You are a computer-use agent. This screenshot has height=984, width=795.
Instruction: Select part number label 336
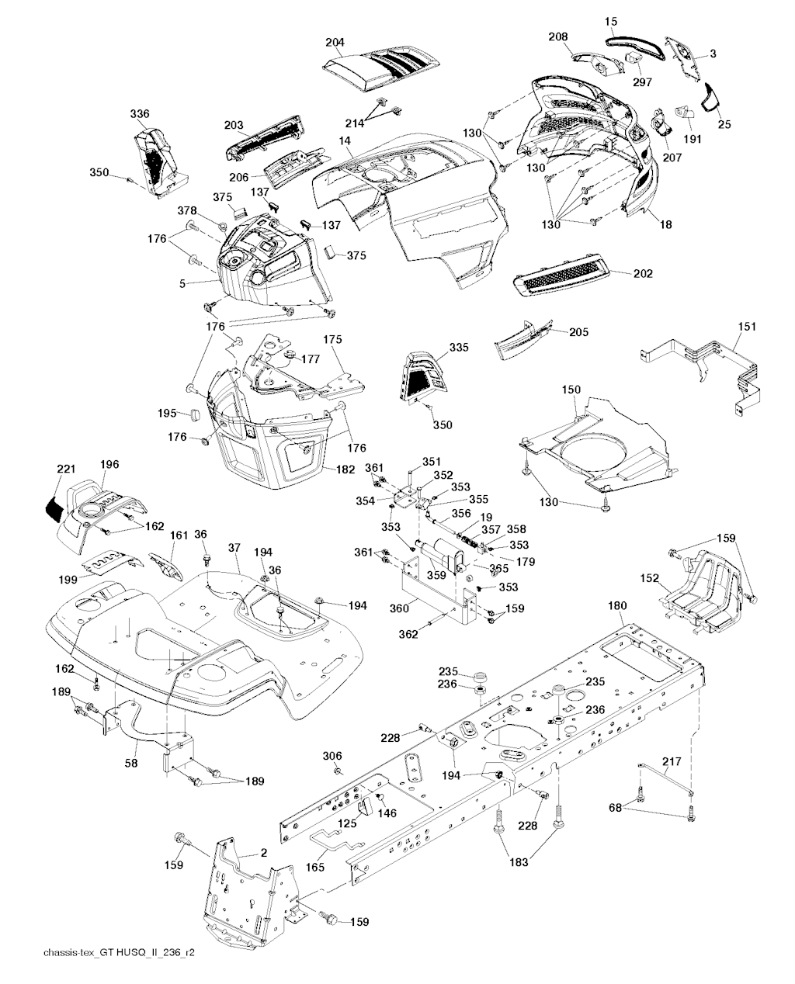140,114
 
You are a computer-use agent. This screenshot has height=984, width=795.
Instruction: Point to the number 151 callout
746,327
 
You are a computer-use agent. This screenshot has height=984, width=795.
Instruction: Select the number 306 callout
332,756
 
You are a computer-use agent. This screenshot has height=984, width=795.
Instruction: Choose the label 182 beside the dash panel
345,469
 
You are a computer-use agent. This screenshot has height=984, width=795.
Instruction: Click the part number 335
459,348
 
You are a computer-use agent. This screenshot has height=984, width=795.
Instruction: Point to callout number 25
724,123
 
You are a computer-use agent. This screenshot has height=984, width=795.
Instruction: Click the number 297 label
642,81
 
